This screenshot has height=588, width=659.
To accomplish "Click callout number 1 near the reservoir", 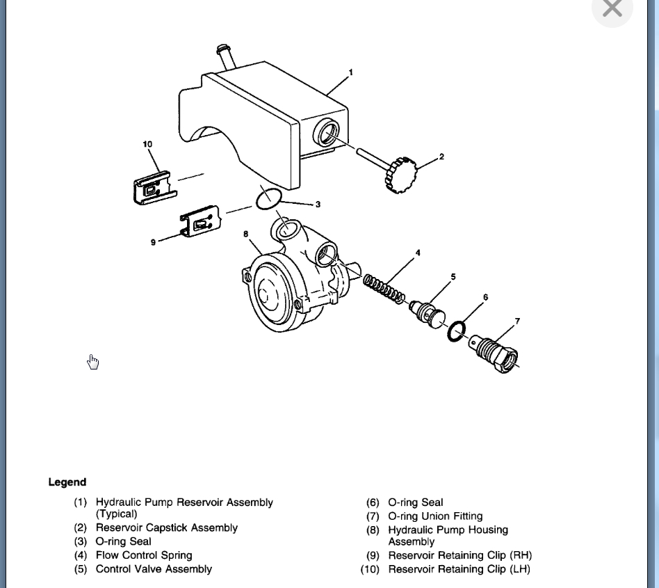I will [351, 72].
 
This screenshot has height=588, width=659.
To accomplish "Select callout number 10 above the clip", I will [147, 144].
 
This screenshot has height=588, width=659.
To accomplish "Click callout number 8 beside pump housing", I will [245, 235].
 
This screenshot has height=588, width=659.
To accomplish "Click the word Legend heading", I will [67, 482].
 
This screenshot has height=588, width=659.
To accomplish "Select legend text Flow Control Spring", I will [143, 555].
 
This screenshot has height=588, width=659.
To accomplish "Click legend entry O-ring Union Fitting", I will [434, 516].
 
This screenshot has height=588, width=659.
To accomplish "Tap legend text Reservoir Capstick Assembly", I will [166, 527].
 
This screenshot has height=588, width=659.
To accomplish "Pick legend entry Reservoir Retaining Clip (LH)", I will [459, 569].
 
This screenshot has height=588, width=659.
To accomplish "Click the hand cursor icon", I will [93, 362].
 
